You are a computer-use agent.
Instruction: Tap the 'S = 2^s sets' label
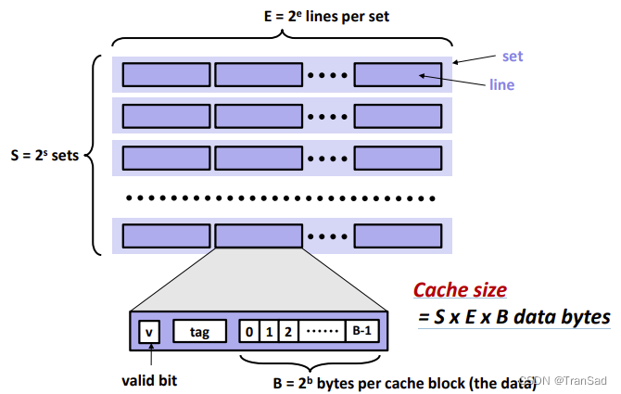(x=44, y=155)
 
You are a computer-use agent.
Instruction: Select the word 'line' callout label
(x=502, y=84)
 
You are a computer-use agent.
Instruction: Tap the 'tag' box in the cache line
(x=200, y=329)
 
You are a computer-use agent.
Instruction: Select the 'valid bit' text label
(x=151, y=378)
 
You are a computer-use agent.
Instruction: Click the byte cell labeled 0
(x=248, y=329)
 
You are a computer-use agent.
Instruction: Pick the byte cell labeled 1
(x=268, y=329)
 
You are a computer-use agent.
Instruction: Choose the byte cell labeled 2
(x=288, y=329)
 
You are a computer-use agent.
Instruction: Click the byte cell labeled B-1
(x=361, y=329)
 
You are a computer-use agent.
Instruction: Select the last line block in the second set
(x=398, y=115)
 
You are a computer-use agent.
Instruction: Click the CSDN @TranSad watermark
(x=567, y=380)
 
